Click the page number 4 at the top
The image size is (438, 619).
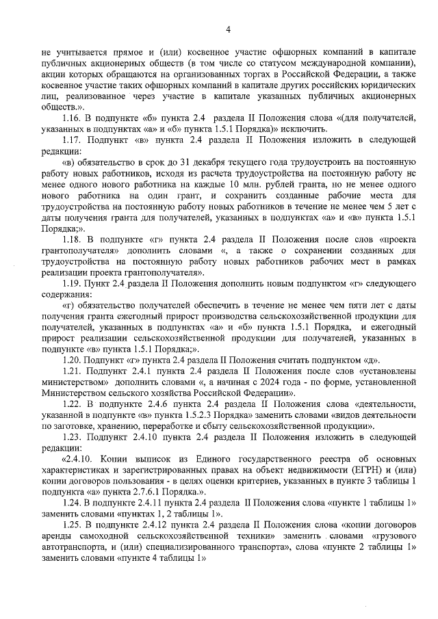pyautogui.click(x=228, y=28)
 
